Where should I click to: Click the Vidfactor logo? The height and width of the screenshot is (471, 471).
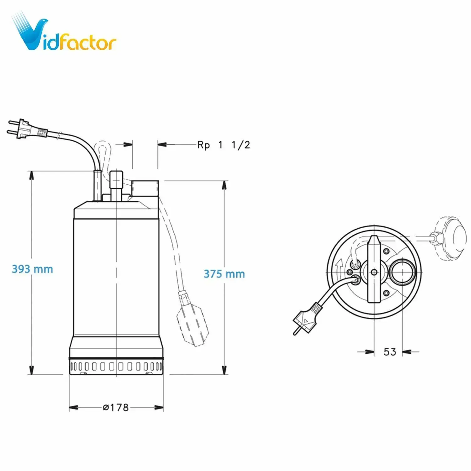64,33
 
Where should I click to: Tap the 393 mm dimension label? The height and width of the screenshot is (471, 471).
32,269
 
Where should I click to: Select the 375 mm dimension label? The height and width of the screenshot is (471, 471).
224,274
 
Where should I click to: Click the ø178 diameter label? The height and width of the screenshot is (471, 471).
116,407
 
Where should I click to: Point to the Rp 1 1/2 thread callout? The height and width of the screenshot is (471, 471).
224,145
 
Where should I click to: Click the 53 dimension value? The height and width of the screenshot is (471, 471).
390,352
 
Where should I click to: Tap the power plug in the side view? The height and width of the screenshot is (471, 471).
28,128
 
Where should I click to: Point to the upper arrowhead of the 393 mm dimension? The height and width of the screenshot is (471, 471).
31,176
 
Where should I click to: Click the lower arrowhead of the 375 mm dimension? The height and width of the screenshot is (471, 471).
224,370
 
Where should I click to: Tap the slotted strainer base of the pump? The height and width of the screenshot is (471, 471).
116,366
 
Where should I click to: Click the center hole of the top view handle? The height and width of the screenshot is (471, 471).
374,272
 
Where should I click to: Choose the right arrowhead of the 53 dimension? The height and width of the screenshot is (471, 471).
407,352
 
